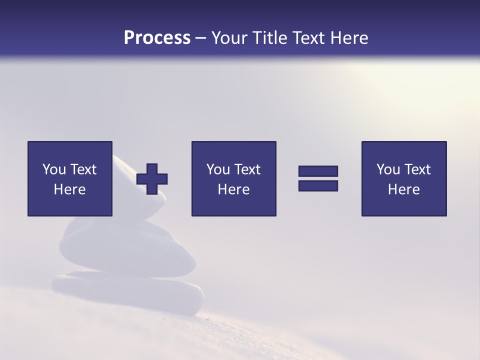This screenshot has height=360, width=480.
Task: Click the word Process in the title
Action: pyautogui.click(x=157, y=38)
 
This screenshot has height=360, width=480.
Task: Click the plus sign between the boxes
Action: pyautogui.click(x=152, y=179)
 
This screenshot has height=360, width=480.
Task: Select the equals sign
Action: pyautogui.click(x=318, y=178)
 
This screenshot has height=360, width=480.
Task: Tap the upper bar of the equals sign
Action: pyautogui.click(x=318, y=171)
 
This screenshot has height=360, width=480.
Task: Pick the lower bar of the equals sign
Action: pyautogui.click(x=318, y=185)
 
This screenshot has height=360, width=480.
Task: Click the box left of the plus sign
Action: pyautogui.click(x=70, y=178)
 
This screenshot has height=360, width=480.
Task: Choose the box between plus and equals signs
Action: pyautogui.click(x=233, y=178)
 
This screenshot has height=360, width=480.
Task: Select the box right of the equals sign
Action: pyautogui.click(x=404, y=178)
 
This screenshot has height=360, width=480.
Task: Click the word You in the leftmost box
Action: pyautogui.click(x=53, y=169)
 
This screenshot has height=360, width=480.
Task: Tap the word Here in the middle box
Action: pyautogui.click(x=233, y=189)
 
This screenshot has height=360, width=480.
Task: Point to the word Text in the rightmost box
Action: pyautogui.click(x=417, y=169)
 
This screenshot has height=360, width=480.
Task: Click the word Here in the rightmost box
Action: pyautogui.click(x=404, y=189)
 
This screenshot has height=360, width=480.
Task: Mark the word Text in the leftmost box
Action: pyautogui.click(x=83, y=169)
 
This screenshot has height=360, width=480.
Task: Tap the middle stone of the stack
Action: pyautogui.click(x=125, y=247)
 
